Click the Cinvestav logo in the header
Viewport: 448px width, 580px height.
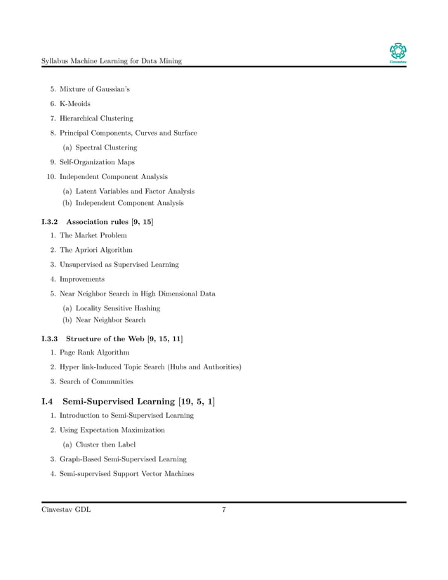397,53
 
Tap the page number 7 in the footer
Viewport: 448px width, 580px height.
223,510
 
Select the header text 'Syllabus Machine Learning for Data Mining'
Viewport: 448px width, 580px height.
112,61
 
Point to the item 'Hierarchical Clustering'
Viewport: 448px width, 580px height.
96,118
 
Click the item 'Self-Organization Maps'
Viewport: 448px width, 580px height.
97,162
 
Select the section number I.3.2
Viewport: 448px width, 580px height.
53,222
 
